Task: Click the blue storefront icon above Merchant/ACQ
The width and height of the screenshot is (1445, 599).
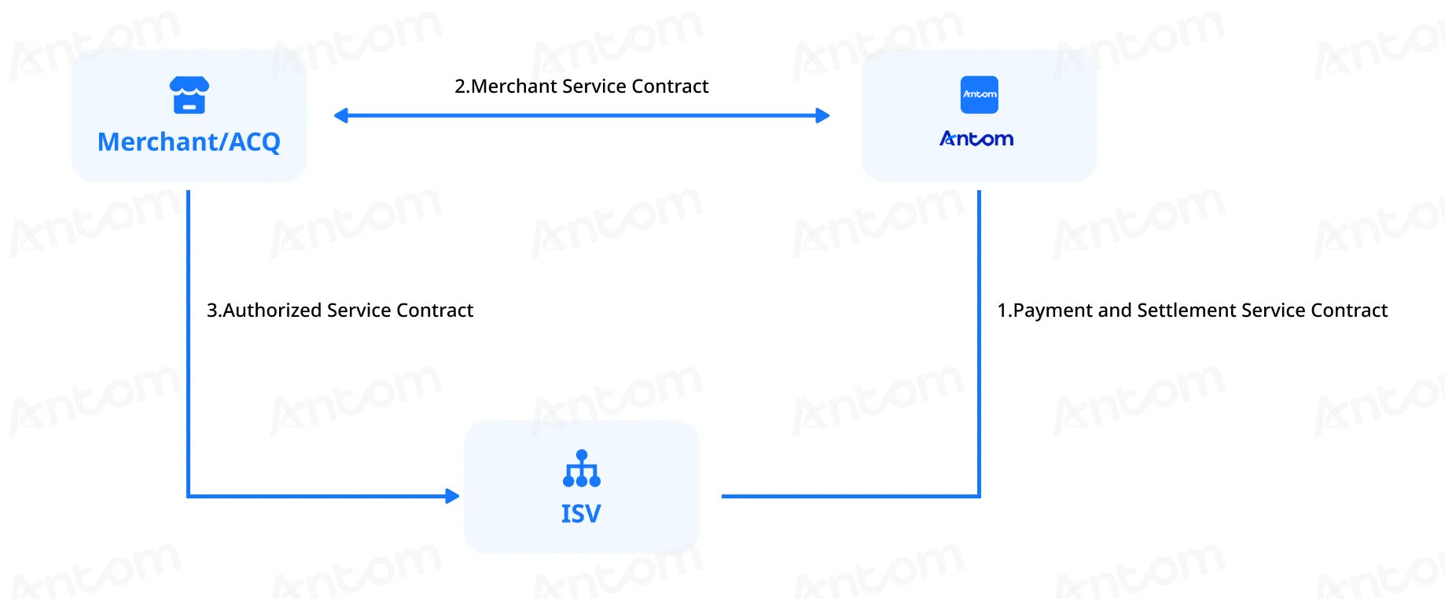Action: pyautogui.click(x=189, y=95)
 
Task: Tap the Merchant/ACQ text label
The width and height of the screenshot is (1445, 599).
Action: pyautogui.click(x=189, y=141)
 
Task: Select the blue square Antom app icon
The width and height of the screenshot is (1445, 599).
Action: pyautogui.click(x=980, y=94)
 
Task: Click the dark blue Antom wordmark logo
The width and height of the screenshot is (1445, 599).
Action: pyautogui.click(x=976, y=139)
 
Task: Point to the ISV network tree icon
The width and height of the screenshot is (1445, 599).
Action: pyautogui.click(x=582, y=469)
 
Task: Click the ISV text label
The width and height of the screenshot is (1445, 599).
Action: pyautogui.click(x=581, y=514)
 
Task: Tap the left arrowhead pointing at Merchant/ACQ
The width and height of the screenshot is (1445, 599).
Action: pyautogui.click(x=341, y=116)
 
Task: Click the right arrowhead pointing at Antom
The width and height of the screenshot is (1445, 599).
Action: pyautogui.click(x=822, y=116)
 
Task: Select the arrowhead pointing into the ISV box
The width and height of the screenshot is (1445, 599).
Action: pyautogui.click(x=452, y=496)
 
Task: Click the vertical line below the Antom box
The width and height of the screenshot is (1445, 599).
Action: pyautogui.click(x=979, y=343)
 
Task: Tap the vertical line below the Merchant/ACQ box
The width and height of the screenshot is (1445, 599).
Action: pyautogui.click(x=189, y=343)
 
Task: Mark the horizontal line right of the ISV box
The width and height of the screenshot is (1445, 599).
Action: pyautogui.click(x=851, y=496)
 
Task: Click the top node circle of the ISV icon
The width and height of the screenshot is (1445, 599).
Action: pyautogui.click(x=582, y=454)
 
